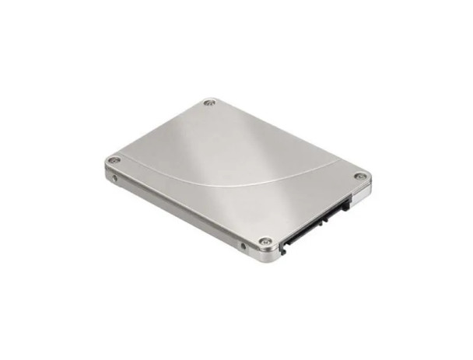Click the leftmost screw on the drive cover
point(114,161)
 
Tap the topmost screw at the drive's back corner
point(208,102)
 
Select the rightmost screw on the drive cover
point(359,177)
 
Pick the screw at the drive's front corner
point(265,242)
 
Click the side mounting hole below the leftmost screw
point(115,177)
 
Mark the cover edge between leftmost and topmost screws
point(159,131)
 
